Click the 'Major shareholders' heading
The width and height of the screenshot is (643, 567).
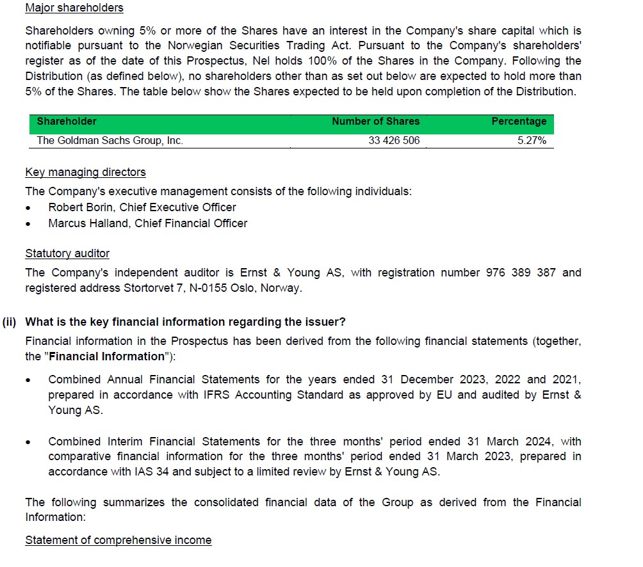(74, 8)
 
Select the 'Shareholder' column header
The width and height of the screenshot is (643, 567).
(67, 122)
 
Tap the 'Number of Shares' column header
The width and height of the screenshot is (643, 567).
(375, 122)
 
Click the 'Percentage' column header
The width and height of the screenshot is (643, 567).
(519, 122)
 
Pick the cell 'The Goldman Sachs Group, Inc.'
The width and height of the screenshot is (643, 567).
(110, 141)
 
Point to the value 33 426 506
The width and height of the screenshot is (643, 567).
(394, 141)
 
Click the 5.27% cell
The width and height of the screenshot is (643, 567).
(532, 141)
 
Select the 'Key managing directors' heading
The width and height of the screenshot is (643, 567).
(85, 172)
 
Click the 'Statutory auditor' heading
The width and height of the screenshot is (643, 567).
(67, 253)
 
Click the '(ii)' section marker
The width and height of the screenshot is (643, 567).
(9, 322)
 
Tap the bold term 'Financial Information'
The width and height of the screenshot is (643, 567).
(106, 356)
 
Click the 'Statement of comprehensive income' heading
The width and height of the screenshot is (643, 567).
(118, 540)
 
